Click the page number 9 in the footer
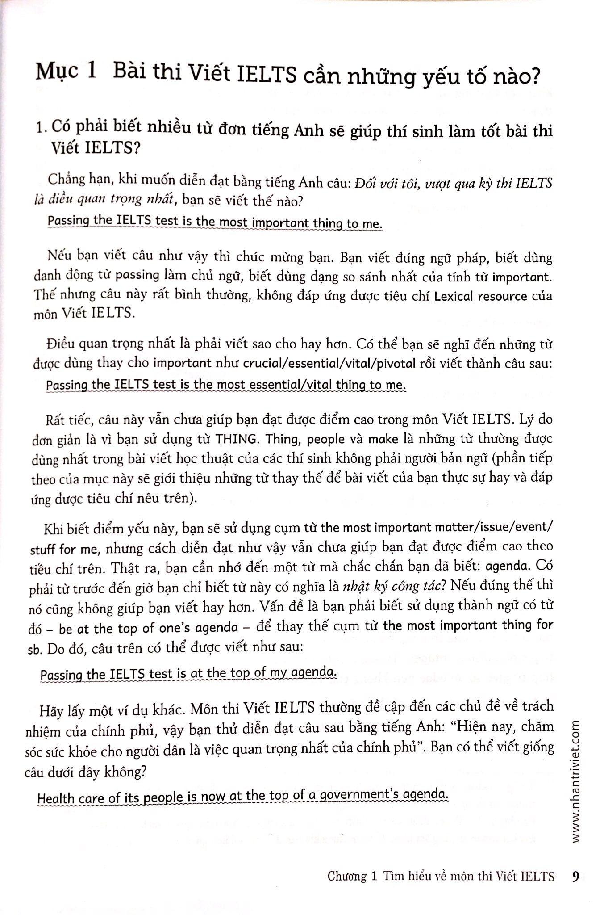(x=575, y=876)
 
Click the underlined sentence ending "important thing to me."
(x=215, y=222)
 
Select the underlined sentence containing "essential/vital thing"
(x=226, y=385)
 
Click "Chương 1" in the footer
(x=352, y=877)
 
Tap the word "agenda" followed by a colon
(x=507, y=566)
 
